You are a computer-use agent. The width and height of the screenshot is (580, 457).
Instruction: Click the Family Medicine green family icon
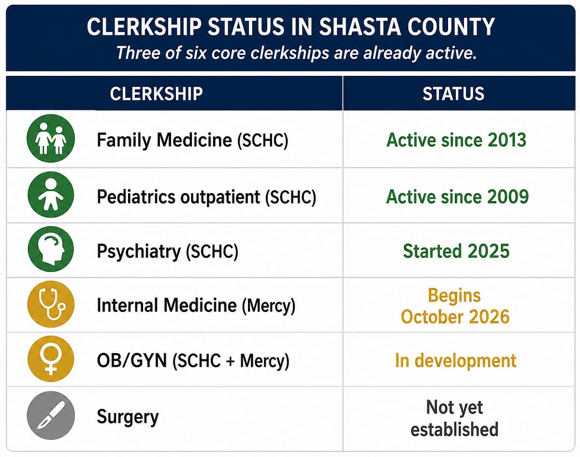pyautogui.click(x=51, y=138)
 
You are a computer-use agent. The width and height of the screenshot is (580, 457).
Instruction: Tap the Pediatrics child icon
pyautogui.click(x=51, y=195)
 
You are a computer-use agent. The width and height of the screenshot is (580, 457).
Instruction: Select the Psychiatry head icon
pyautogui.click(x=51, y=249)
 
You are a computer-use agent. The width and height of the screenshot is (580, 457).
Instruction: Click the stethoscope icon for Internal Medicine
pyautogui.click(x=51, y=304)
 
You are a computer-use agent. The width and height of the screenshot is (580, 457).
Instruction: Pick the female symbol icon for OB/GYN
pyautogui.click(x=51, y=358)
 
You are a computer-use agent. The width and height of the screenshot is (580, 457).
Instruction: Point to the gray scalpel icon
pyautogui.click(x=51, y=415)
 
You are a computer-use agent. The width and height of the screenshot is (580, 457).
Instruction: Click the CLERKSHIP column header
pyautogui.click(x=156, y=94)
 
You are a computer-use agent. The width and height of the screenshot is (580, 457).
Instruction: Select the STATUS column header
pyautogui.click(x=453, y=94)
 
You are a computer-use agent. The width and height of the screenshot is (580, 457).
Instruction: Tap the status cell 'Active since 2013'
pyautogui.click(x=456, y=140)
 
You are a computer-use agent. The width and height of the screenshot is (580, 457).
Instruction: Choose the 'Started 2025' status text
pyautogui.click(x=456, y=251)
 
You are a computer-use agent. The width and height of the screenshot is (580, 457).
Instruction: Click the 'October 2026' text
pyautogui.click(x=455, y=316)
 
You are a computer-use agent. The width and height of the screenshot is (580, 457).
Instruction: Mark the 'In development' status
pyautogui.click(x=456, y=360)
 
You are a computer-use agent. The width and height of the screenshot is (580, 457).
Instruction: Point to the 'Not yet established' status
pyautogui.click(x=455, y=418)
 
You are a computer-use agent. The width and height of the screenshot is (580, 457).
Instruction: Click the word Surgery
pyautogui.click(x=128, y=417)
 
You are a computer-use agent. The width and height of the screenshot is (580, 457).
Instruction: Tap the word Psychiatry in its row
pyautogui.click(x=139, y=252)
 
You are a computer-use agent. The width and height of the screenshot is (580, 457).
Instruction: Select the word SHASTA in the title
pyautogui.click(x=360, y=27)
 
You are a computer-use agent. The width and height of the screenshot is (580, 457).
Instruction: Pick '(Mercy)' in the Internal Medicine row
pyautogui.click(x=269, y=306)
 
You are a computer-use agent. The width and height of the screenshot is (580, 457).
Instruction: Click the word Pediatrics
pyautogui.click(x=136, y=197)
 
